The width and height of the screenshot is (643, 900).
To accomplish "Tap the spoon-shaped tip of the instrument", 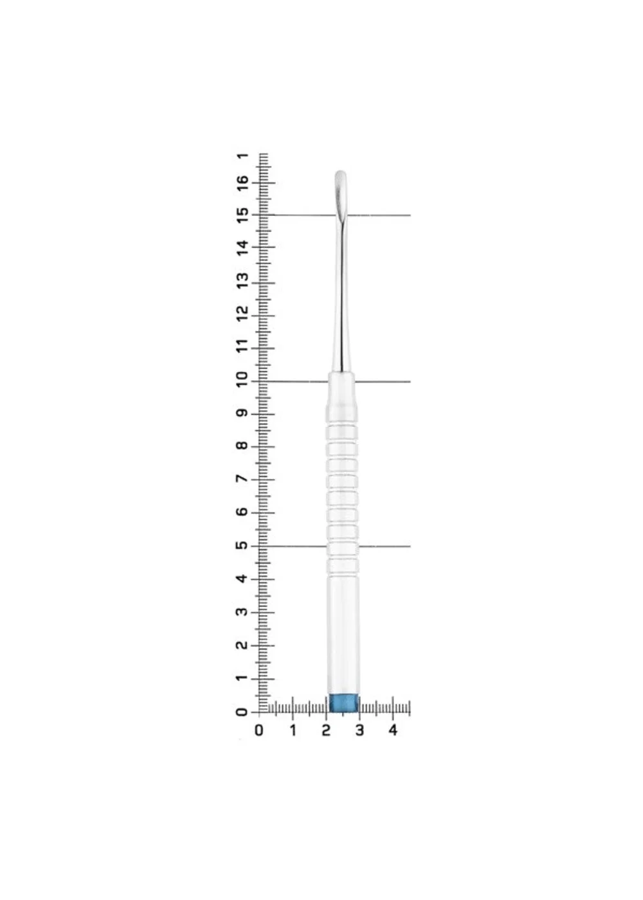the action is point(340,192).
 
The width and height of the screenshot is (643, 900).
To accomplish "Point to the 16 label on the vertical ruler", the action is point(243,184).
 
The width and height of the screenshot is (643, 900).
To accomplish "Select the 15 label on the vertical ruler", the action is point(243,216).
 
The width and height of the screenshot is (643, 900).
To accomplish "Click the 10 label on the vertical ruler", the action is point(243,380).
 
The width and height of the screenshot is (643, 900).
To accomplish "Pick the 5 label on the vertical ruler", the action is point(243,546).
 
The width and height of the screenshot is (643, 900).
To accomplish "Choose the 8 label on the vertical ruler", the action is point(243,446).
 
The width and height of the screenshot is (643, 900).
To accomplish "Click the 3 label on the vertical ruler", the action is point(243,612).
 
